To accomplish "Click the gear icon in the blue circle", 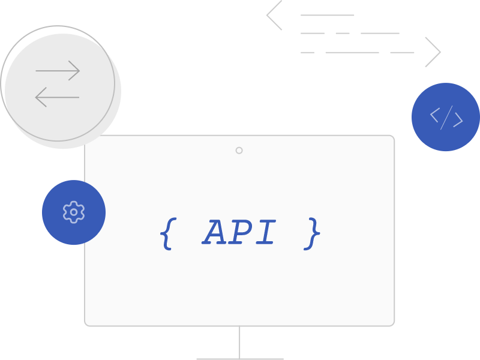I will (74, 212).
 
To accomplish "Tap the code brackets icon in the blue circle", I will (446, 117).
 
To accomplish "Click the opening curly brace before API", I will (167, 233).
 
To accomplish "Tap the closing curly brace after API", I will (313, 233).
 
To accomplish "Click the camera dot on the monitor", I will (239, 150).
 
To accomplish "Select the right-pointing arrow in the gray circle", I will (58, 71).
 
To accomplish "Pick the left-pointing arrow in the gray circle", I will (58, 97).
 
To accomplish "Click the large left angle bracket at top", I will (274, 15).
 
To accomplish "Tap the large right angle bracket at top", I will (433, 52).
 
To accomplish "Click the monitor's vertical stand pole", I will (239, 342).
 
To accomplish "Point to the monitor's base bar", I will (239, 359).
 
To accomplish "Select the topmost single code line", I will (327, 15).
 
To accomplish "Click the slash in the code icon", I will (446, 117).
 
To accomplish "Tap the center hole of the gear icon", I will (74, 212).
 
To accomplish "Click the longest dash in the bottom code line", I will (352, 52).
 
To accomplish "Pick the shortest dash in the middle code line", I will (343, 33).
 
